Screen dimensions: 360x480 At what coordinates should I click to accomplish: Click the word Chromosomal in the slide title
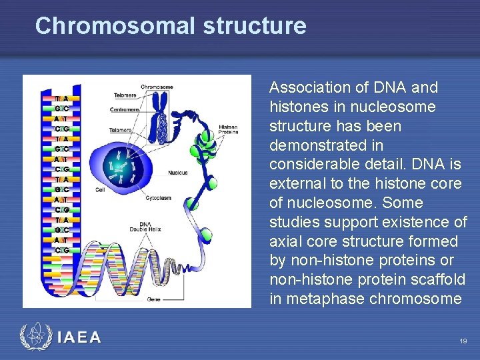click(x=114, y=26)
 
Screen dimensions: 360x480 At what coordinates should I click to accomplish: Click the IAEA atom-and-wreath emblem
click(x=35, y=337)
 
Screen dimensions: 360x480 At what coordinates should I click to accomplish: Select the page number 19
click(x=463, y=341)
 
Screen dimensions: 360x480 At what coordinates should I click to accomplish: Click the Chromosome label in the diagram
click(x=157, y=87)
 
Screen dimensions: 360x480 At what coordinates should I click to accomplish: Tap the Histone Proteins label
click(x=228, y=129)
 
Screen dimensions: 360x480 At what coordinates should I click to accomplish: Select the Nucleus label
click(x=177, y=172)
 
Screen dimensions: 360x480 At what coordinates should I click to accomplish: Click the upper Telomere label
click(x=125, y=95)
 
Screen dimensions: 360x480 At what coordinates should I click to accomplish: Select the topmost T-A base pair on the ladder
click(x=62, y=99)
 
